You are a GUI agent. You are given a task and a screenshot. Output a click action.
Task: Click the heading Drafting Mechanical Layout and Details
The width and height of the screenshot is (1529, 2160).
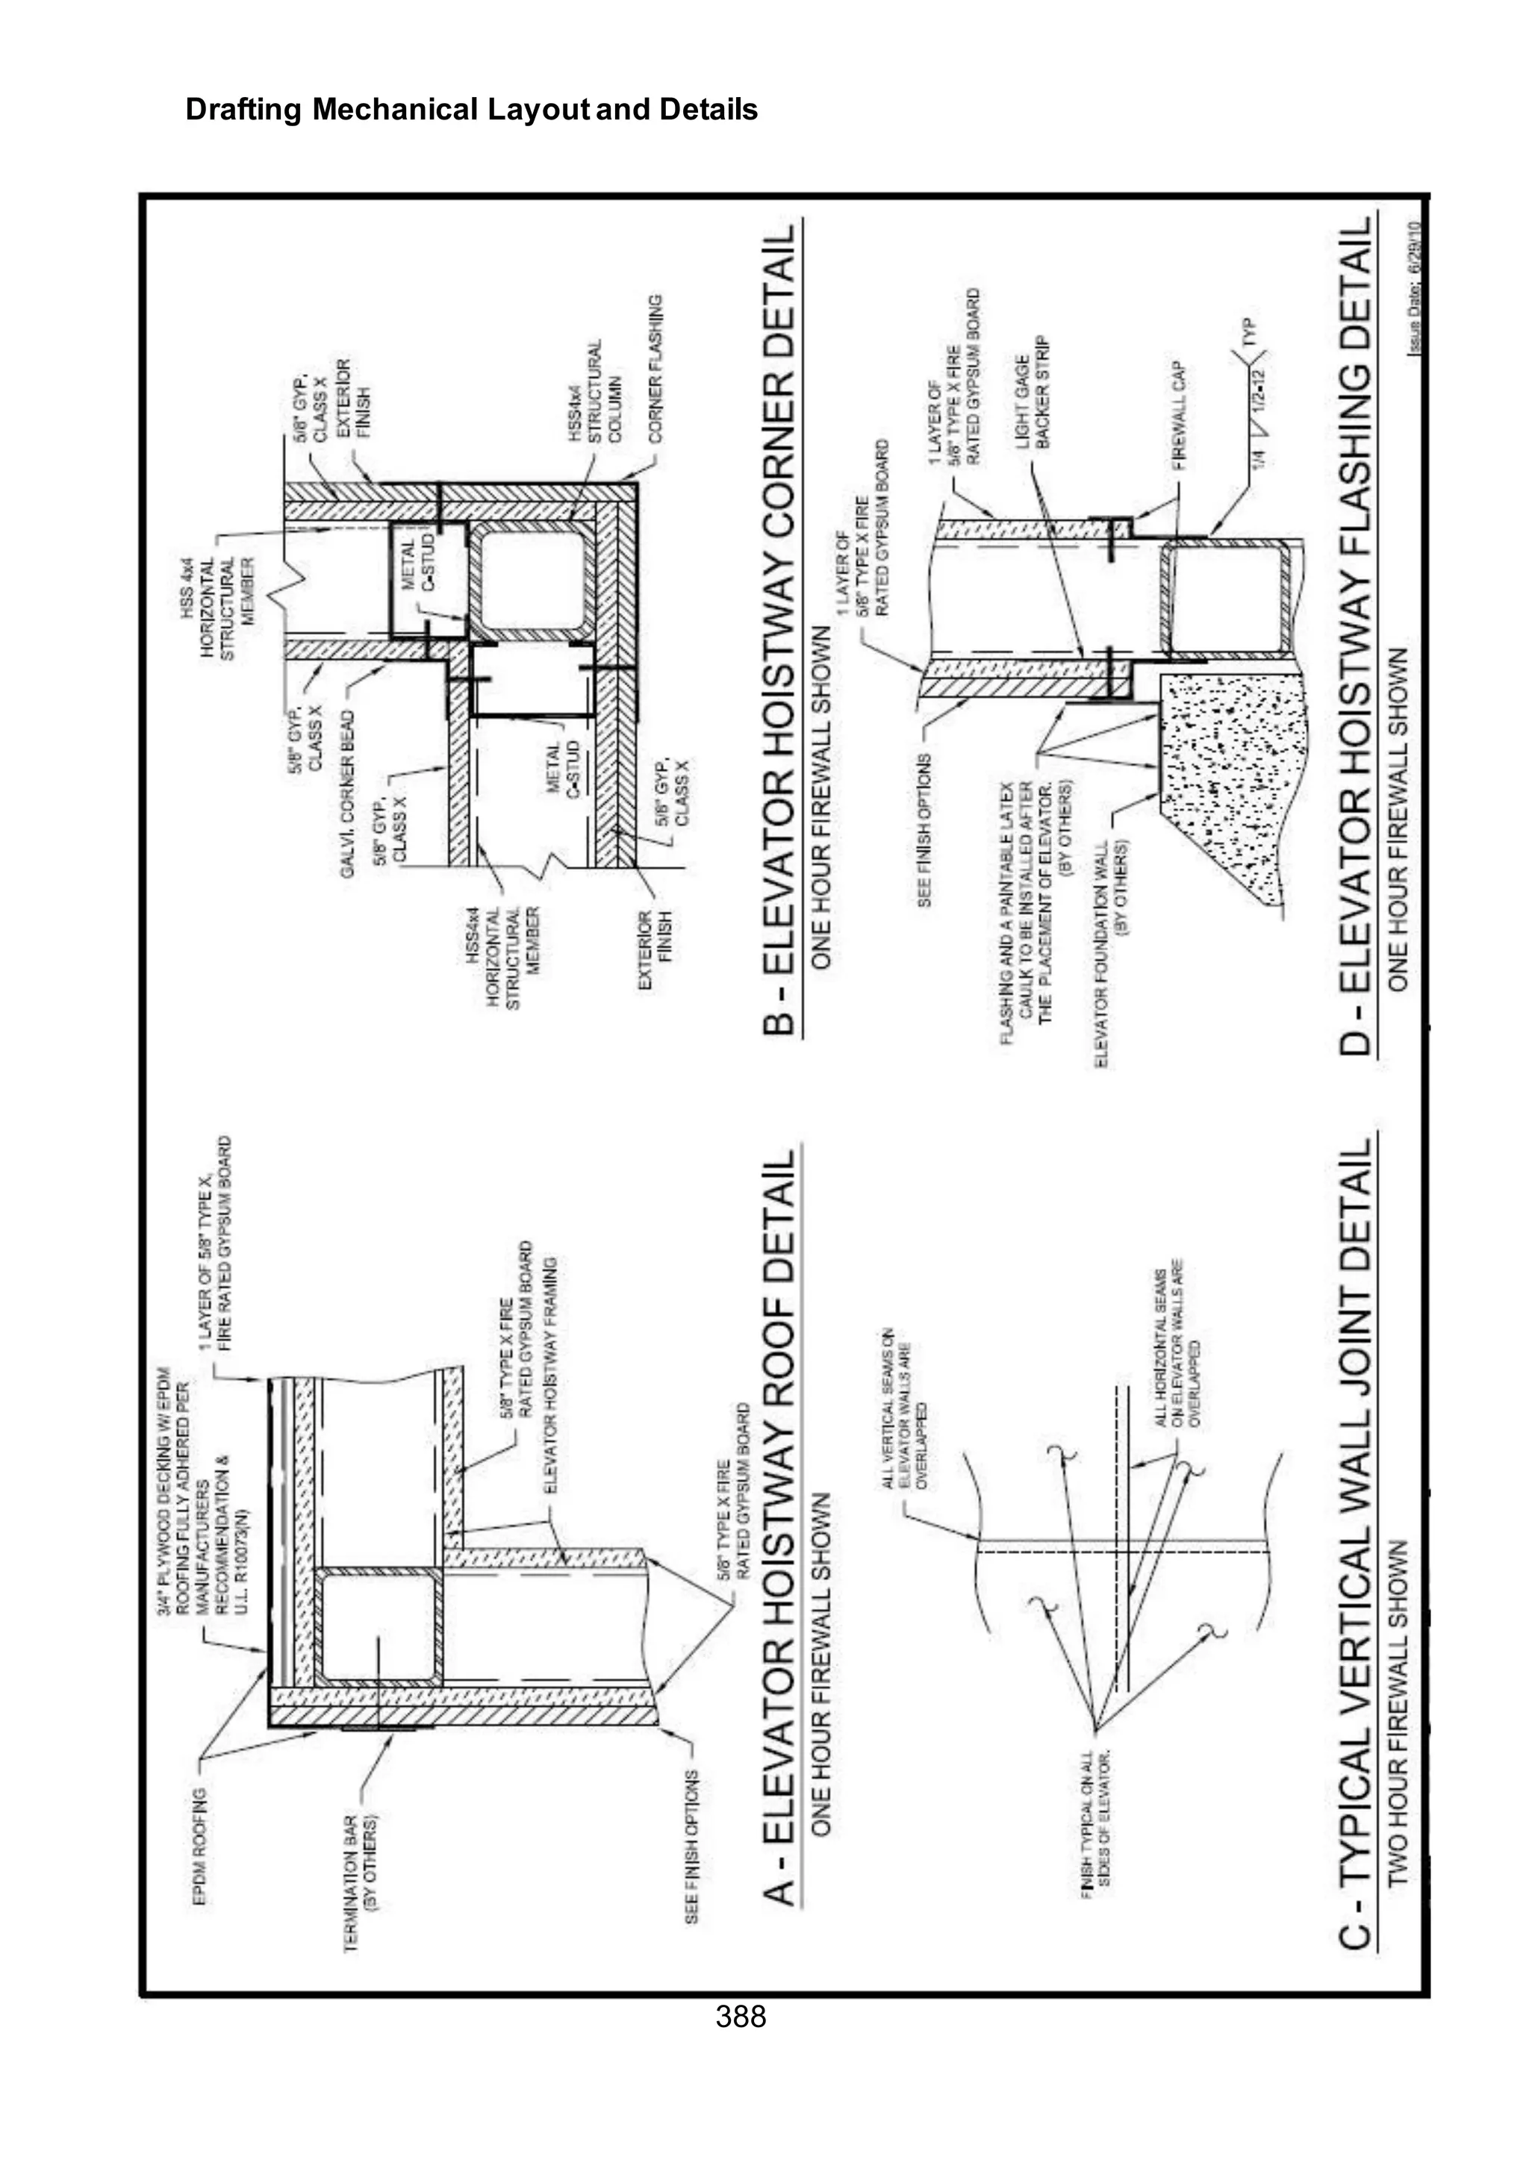(x=471, y=110)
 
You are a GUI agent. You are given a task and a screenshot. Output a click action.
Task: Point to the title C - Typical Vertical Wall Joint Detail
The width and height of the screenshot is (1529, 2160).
(x=1356, y=1543)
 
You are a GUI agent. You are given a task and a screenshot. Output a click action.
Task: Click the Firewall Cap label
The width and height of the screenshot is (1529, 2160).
(x=1180, y=415)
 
